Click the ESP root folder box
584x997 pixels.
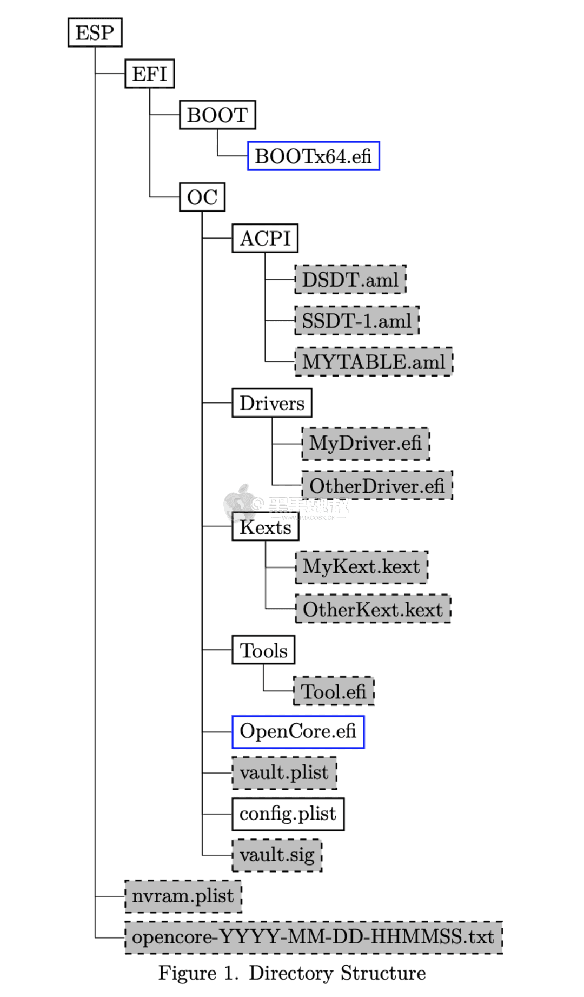95,32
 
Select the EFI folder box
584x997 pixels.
149,74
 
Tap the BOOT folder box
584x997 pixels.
217,115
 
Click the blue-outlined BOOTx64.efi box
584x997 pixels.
313,156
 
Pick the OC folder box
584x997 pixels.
202,197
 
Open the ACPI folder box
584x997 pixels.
265,239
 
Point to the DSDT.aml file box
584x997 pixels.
350,280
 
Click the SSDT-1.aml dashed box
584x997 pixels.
357,321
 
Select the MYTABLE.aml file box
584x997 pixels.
373,362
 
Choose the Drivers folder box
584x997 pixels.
272,403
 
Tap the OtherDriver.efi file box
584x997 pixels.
376,486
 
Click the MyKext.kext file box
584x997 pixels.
361,567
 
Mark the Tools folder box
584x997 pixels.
263,650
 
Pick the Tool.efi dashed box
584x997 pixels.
334,691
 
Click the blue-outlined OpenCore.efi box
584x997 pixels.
298,732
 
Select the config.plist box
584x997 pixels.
288,814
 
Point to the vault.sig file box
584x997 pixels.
277,855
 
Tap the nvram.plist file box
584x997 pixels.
183,896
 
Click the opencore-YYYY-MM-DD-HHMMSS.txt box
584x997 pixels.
313,937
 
